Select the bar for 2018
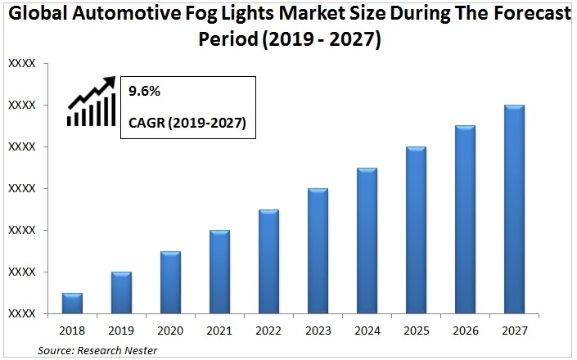[x=72, y=303]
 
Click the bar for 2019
[x=121, y=292]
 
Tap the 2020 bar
[x=170, y=282]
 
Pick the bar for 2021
[x=219, y=272]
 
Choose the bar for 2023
[x=318, y=250]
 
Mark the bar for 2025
[x=416, y=230]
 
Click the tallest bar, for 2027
[x=514, y=209]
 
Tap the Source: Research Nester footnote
[x=97, y=351]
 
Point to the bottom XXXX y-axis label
[x=22, y=314]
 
